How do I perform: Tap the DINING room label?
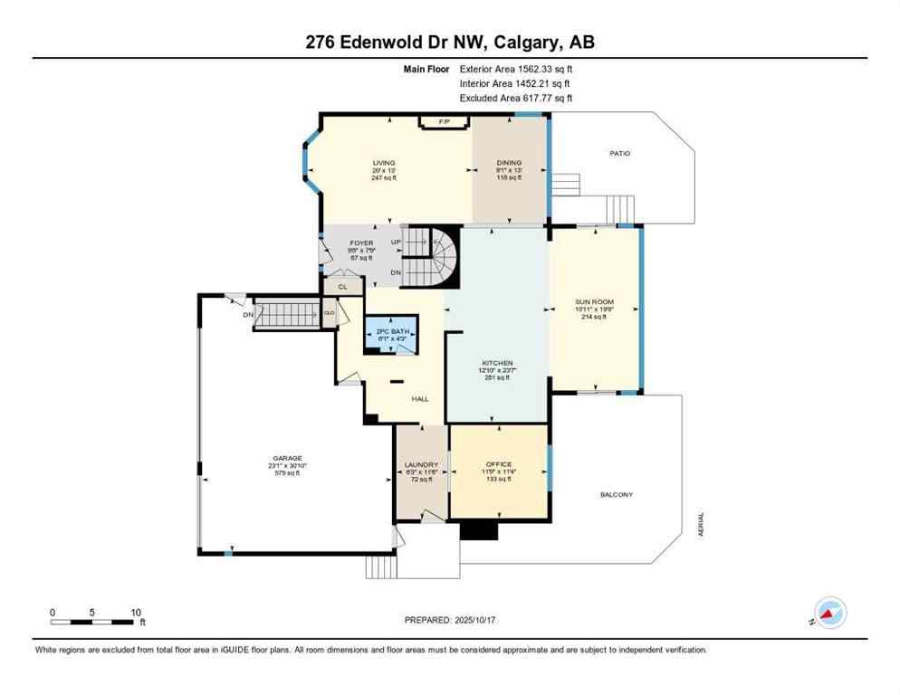[x=509, y=163]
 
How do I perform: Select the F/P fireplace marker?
[x=444, y=122]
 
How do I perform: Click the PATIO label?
[x=619, y=154]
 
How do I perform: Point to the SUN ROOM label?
[x=594, y=302]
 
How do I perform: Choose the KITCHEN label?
[x=497, y=363]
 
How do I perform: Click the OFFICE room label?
[x=499, y=464]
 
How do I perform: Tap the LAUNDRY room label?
[x=421, y=465]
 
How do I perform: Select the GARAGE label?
[x=288, y=459]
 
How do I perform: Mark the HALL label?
[x=420, y=399]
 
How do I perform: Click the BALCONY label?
[x=616, y=495]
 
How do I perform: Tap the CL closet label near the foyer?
[x=342, y=287]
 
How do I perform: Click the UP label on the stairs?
[x=395, y=243]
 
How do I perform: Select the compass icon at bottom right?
[x=829, y=613]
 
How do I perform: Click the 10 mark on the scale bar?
[x=135, y=613]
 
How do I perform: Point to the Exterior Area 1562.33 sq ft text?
[x=516, y=68]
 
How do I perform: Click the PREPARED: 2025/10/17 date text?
[x=450, y=620]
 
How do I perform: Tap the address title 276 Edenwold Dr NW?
[x=396, y=43]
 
